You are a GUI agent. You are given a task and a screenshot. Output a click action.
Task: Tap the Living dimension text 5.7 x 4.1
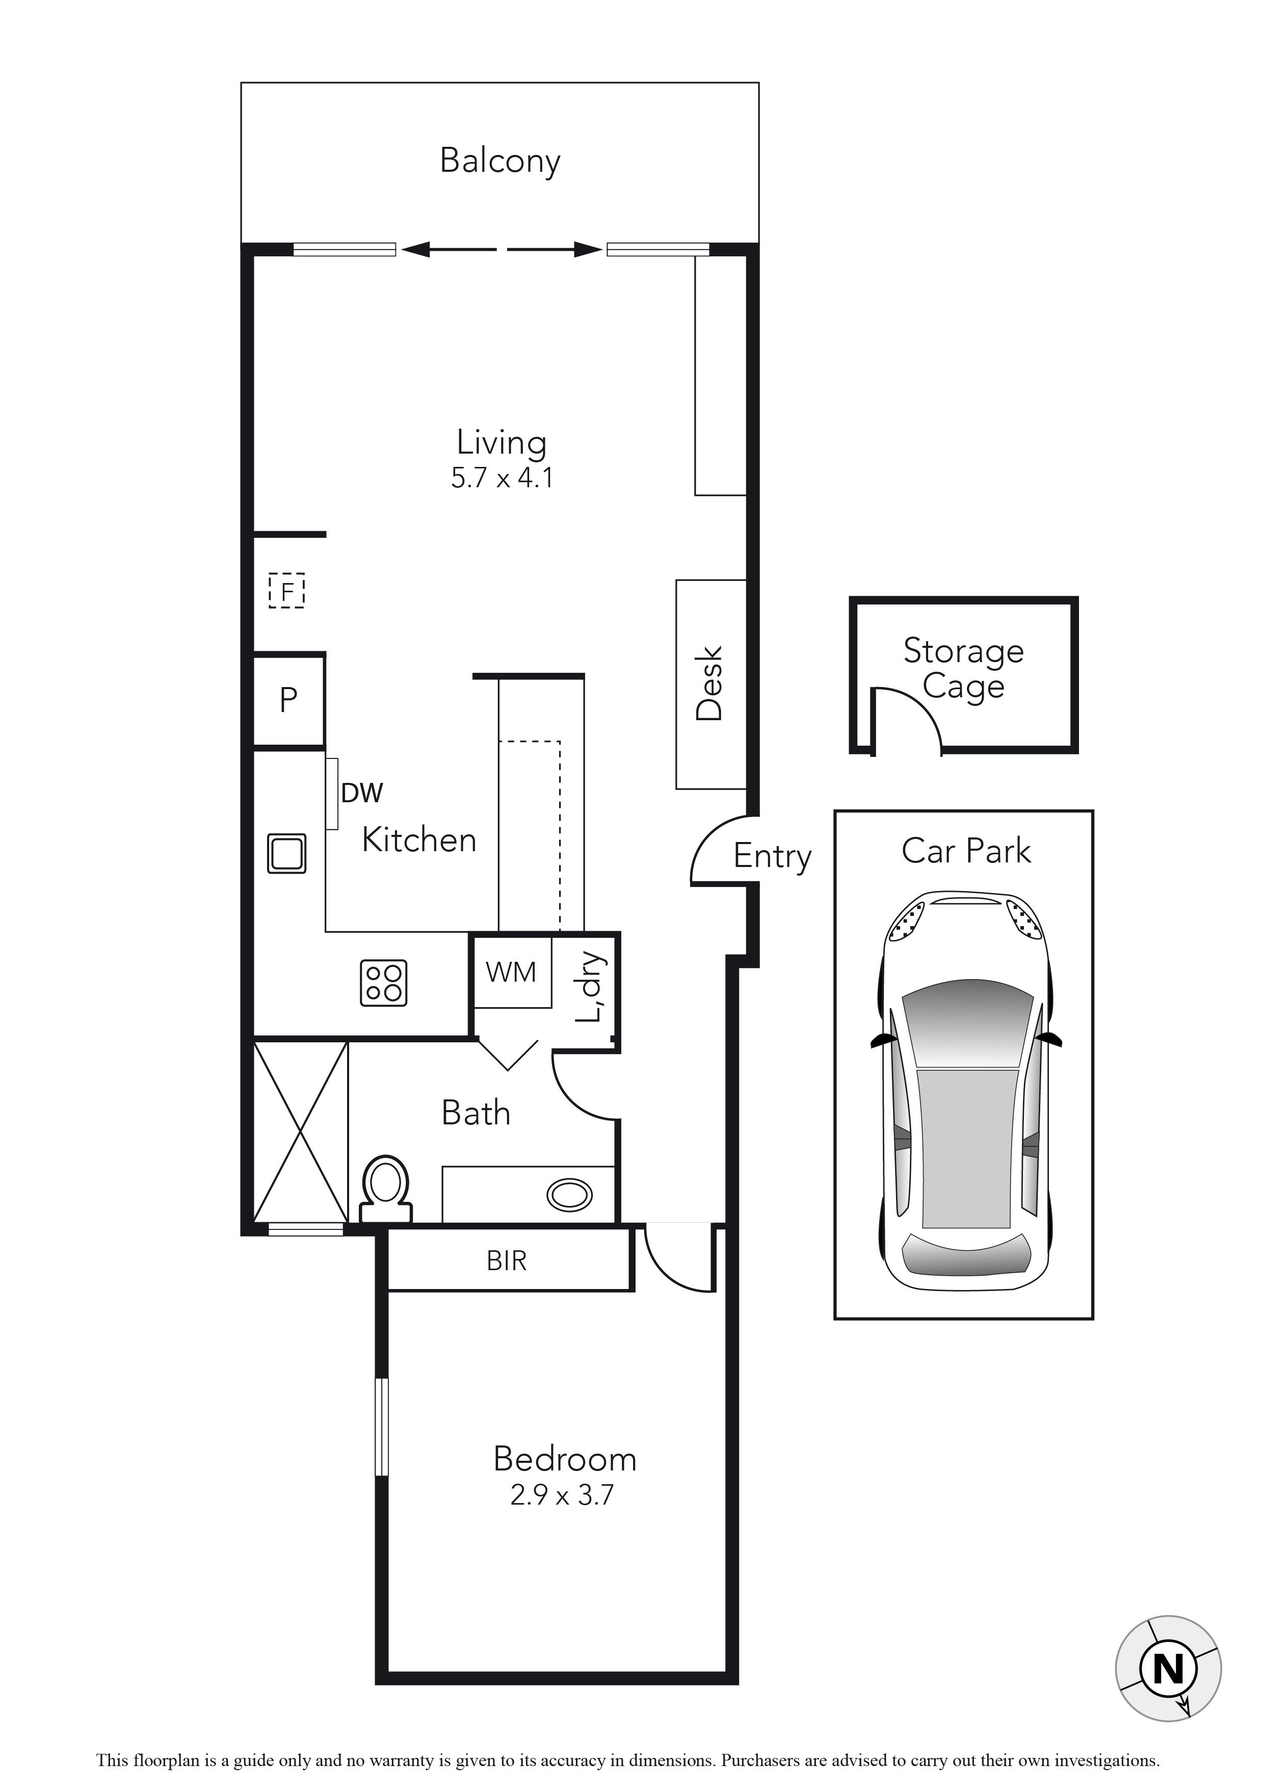(502, 478)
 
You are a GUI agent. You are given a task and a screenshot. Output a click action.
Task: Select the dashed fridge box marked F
(286, 591)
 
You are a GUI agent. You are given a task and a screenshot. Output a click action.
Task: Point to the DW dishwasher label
(362, 794)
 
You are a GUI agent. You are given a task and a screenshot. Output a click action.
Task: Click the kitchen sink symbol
(286, 854)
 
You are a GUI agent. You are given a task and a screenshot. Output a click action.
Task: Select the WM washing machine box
(511, 972)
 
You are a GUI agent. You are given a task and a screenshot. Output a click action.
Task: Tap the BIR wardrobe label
(507, 1261)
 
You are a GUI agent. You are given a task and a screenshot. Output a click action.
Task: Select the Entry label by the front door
(772, 857)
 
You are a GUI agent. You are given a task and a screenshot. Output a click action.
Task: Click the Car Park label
(966, 851)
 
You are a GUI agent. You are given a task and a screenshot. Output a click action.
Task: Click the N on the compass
(1168, 1667)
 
